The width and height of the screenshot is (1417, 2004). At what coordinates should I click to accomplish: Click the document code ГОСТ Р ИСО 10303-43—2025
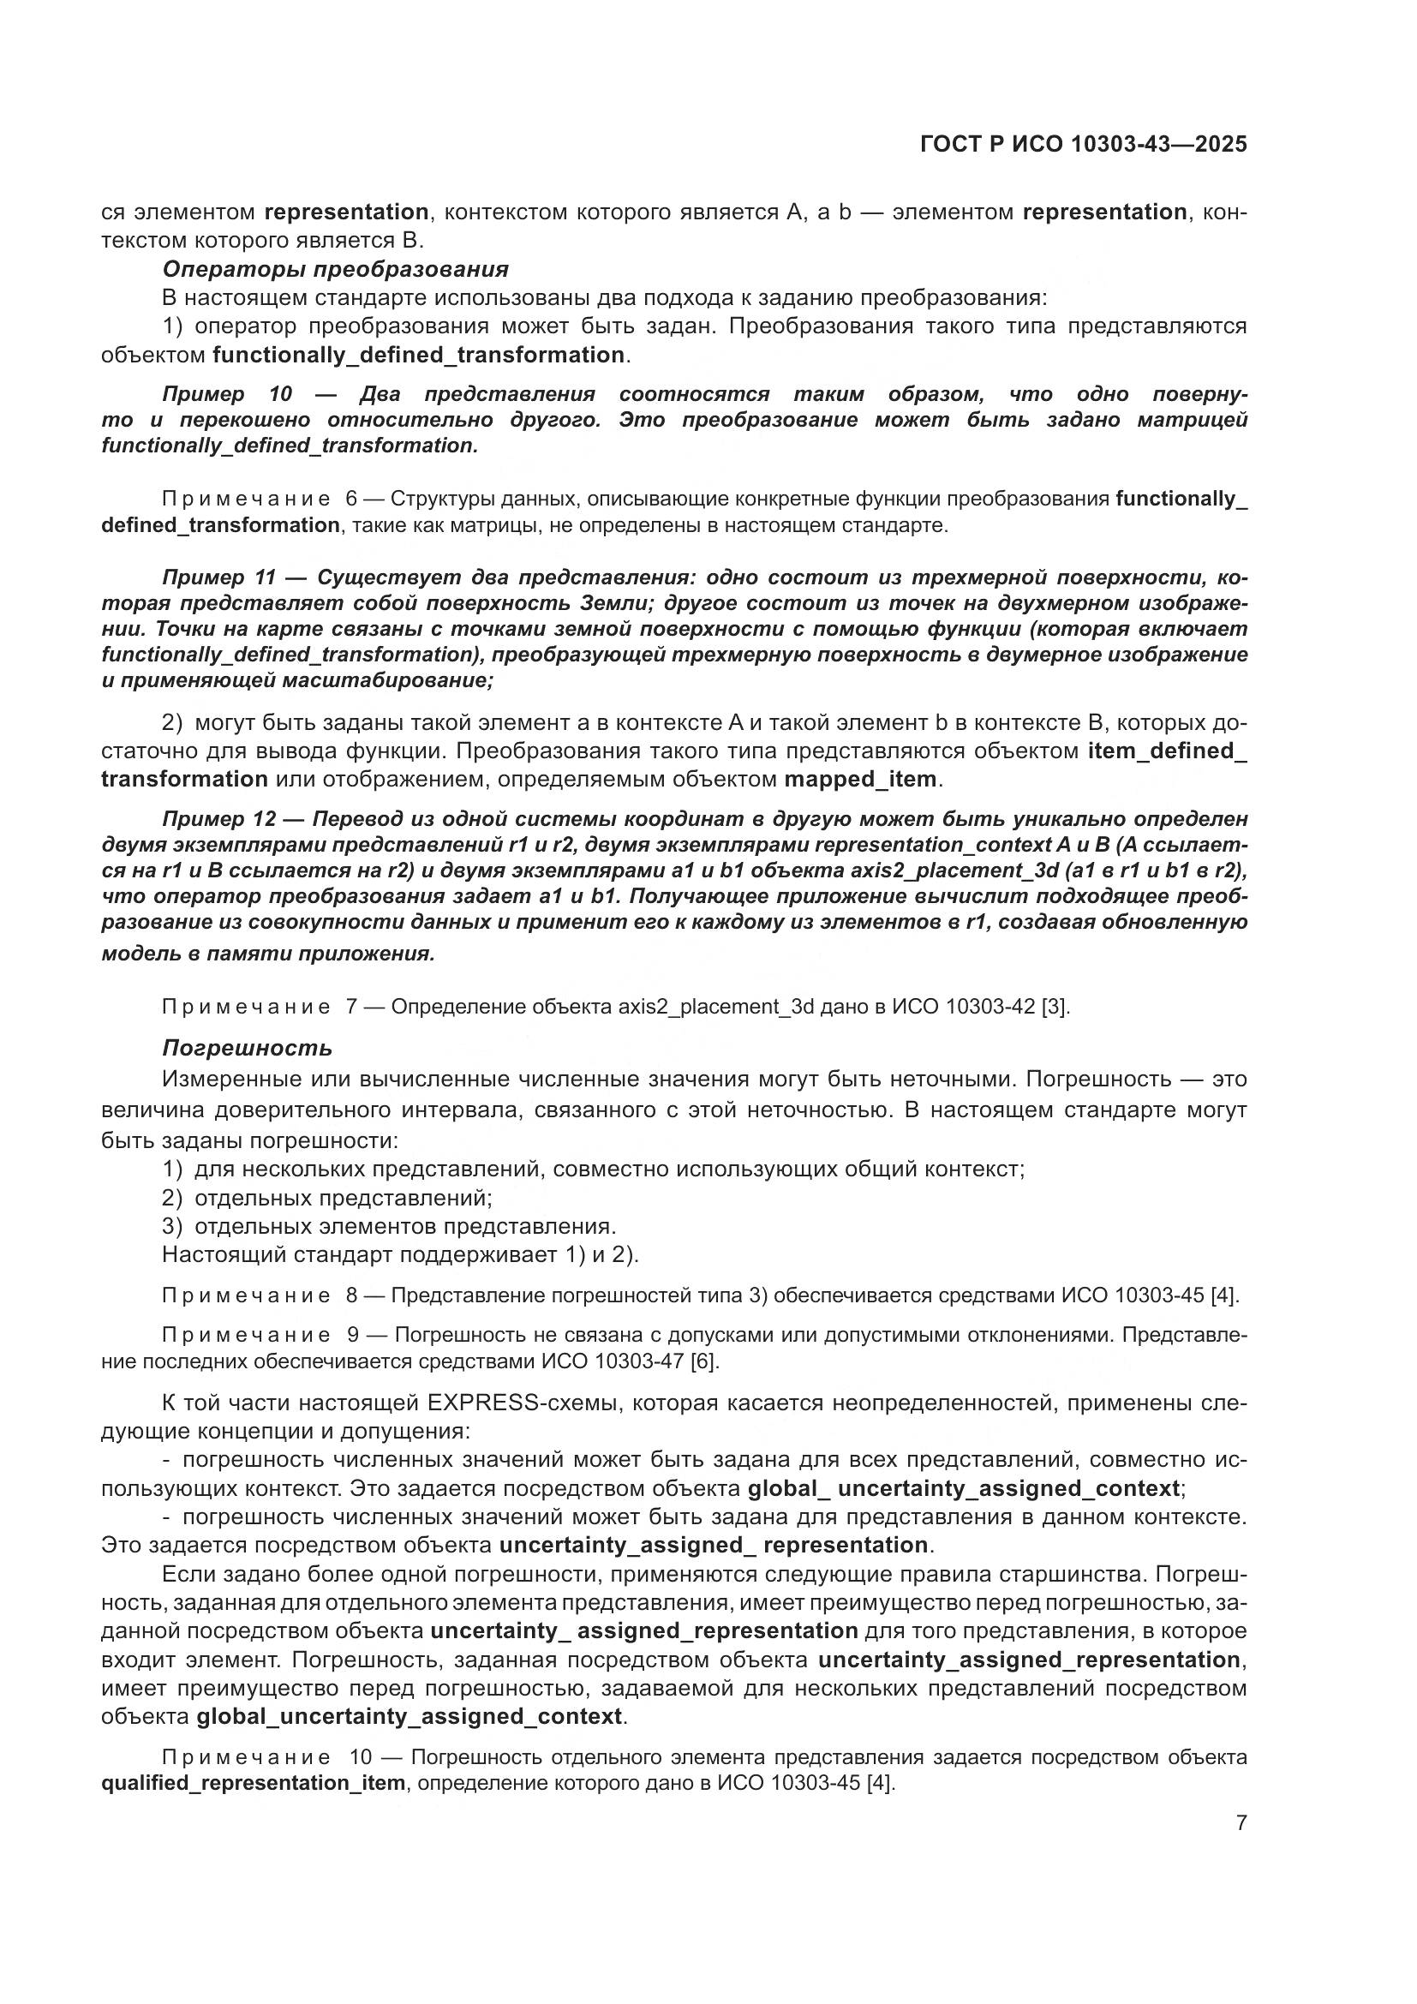coord(1083,145)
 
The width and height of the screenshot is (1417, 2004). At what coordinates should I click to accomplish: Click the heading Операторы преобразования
coord(335,269)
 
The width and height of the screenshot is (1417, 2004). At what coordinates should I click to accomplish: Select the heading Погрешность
coord(247,1047)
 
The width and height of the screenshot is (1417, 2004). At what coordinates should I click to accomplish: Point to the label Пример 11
coord(219,577)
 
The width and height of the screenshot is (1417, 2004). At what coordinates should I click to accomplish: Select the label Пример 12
coord(219,819)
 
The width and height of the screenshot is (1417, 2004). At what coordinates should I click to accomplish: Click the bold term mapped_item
coord(859,779)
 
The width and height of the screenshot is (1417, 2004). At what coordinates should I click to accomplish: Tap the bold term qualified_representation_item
coord(253,1782)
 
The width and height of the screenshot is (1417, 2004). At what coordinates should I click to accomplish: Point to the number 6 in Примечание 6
coord(350,500)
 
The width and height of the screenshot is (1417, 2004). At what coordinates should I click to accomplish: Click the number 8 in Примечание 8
coord(350,1295)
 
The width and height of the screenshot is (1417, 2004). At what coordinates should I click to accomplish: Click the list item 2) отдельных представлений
coord(327,1198)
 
